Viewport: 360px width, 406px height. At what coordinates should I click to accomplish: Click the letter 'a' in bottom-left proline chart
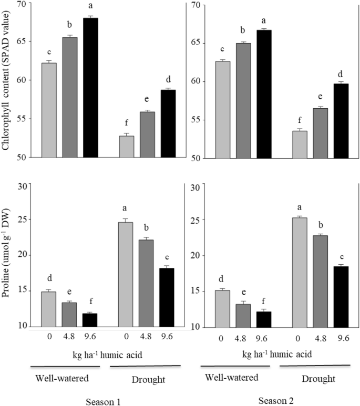[126, 210]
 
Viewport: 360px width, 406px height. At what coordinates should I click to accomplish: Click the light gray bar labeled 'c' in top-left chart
[49, 110]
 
